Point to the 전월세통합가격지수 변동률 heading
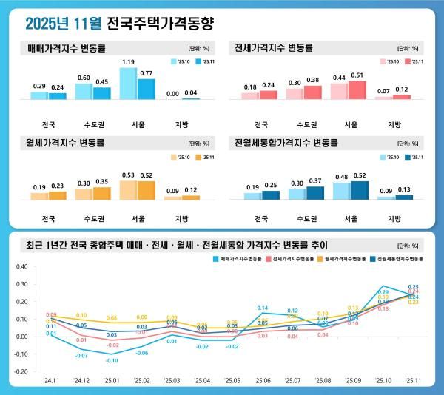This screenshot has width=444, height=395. (x=284, y=142)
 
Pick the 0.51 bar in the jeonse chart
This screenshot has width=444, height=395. (x=357, y=90)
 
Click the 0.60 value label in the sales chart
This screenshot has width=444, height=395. (x=84, y=78)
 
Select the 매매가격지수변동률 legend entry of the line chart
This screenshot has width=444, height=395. (x=238, y=260)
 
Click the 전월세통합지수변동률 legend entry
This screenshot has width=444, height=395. (x=400, y=260)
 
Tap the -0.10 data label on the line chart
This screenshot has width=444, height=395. (x=111, y=360)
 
